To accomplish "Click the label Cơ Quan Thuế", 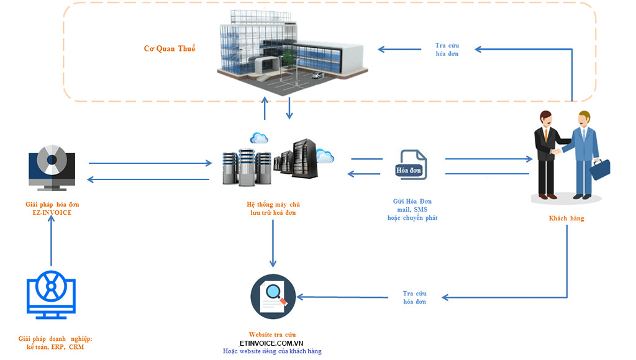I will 170,48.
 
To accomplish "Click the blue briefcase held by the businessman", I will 599,169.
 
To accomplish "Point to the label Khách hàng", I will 566,218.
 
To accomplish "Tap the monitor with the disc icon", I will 52,166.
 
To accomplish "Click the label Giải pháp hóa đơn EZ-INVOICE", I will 52,209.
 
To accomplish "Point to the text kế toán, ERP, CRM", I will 55,347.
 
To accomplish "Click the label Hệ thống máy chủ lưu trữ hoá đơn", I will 274,209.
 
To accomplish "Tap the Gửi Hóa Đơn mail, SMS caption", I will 412,209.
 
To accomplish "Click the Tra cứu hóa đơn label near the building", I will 447,49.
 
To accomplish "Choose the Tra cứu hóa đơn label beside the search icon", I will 414,297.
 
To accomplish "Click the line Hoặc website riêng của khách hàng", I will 272,351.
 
